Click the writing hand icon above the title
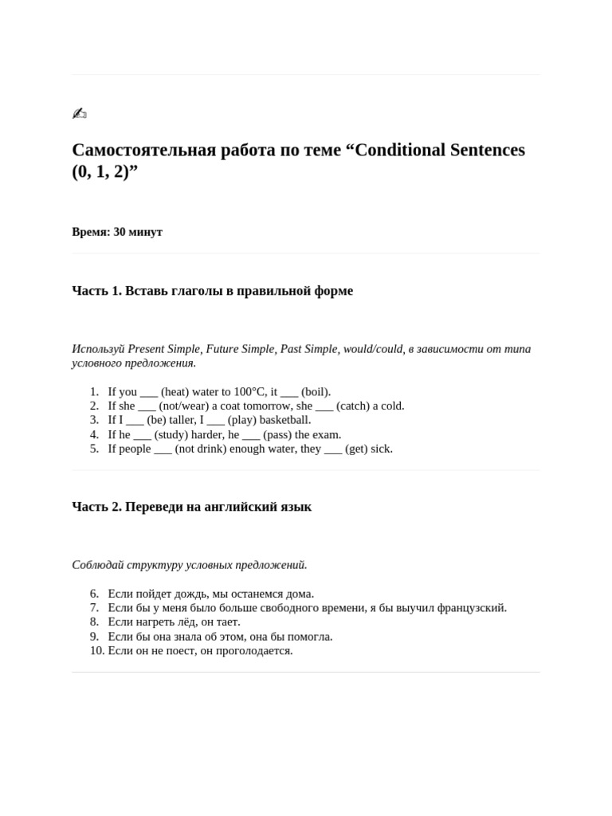pyautogui.click(x=79, y=113)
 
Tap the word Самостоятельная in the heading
pyautogui.click(x=144, y=150)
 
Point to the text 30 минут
pyautogui.click(x=138, y=232)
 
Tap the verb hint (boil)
pyautogui.click(x=316, y=391)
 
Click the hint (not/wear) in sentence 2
pyautogui.click(x=183, y=406)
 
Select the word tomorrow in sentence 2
pyautogui.click(x=266, y=406)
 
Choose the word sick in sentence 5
pyautogui.click(x=380, y=449)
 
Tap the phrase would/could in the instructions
pyautogui.click(x=373, y=348)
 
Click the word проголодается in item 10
pyautogui.click(x=256, y=650)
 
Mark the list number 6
pyautogui.click(x=94, y=594)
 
